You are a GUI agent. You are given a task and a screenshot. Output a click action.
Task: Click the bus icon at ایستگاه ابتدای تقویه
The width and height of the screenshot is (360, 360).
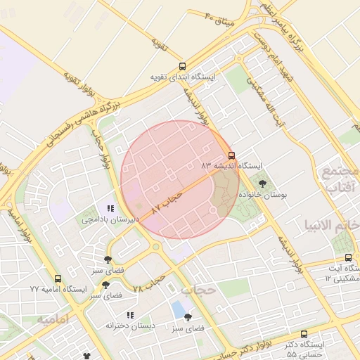click(183, 66)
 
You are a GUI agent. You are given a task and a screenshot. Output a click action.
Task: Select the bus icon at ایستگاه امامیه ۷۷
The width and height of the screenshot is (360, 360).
click(58, 278)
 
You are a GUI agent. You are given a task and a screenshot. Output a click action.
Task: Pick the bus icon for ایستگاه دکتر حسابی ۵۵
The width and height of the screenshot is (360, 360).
click(304, 334)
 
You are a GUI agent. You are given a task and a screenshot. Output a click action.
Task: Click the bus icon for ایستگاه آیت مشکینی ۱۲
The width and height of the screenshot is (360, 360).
click(349, 257)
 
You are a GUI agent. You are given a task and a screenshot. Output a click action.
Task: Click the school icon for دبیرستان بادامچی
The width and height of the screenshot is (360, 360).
click(110, 209)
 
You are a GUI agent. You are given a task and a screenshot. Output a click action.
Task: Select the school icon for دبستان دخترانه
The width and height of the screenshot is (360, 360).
click(130, 315)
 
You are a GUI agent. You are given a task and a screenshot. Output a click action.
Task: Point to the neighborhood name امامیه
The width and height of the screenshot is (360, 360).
click(52, 321)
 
